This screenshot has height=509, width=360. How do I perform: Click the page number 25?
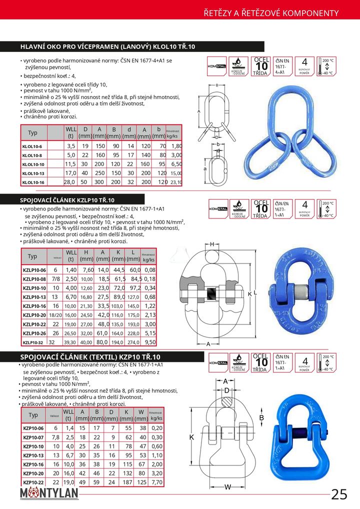339,494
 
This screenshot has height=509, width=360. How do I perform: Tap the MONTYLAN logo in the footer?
50,494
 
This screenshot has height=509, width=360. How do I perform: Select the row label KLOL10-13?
33,173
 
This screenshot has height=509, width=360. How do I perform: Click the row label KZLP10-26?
34,333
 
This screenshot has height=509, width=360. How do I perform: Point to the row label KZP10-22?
33,482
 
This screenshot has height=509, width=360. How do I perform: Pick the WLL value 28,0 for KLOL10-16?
69,182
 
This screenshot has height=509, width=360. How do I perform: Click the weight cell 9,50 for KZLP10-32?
149,342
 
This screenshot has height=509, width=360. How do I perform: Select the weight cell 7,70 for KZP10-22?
156,482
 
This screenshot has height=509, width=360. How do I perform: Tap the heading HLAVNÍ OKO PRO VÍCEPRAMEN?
107,46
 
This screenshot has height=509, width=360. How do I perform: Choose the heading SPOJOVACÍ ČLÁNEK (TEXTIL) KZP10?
90,356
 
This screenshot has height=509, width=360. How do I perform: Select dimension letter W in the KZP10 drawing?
227,486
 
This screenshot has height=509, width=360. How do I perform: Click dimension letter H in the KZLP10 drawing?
212,243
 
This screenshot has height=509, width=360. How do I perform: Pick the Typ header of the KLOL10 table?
33,132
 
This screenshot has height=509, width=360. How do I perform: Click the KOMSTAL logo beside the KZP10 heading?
217,362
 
